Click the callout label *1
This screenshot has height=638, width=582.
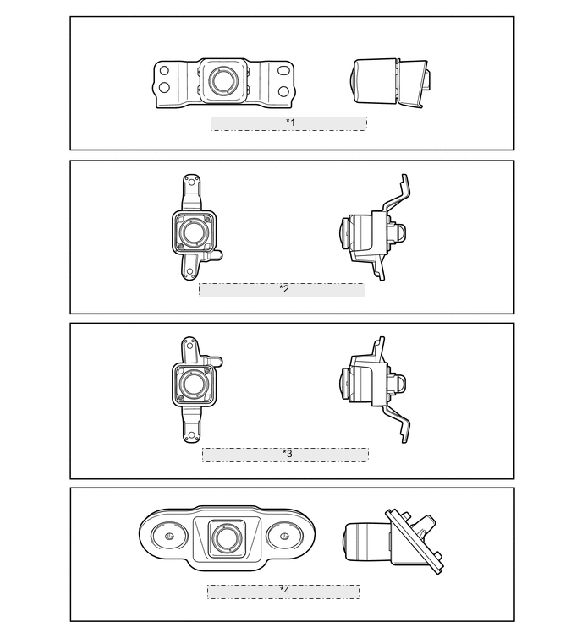(289, 123)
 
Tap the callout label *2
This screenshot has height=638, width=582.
(283, 289)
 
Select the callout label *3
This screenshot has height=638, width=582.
(287, 454)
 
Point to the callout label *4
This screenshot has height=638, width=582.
(284, 591)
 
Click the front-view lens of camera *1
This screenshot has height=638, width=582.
(223, 81)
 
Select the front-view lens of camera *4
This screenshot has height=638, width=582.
(224, 537)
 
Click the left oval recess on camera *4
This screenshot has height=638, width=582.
(168, 537)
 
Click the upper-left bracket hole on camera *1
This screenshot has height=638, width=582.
(165, 72)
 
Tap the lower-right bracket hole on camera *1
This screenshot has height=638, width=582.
(284, 90)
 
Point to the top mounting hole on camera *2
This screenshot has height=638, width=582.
(191, 181)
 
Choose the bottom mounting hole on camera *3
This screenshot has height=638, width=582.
(192, 436)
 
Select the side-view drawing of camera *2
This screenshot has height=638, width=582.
(372, 231)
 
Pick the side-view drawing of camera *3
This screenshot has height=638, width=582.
(372, 384)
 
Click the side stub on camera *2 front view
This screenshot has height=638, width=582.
(217, 254)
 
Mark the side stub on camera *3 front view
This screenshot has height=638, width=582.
(217, 362)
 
